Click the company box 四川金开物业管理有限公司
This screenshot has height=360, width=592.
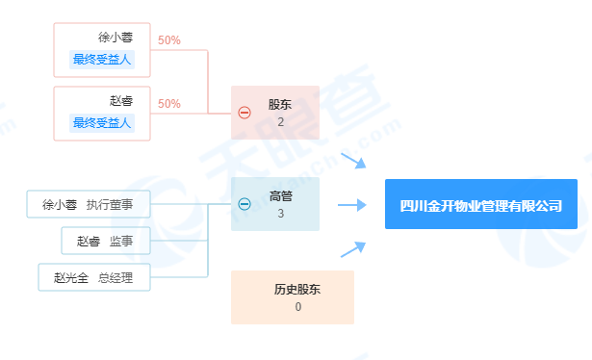pyautogui.click(x=481, y=204)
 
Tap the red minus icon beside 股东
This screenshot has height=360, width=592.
pyautogui.click(x=245, y=113)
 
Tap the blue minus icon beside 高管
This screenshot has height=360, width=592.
pyautogui.click(x=245, y=204)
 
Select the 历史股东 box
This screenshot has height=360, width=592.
pyautogui.click(x=293, y=296)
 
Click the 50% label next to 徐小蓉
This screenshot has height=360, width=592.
pyautogui.click(x=169, y=40)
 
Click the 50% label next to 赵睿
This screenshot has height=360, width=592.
pyautogui.click(x=169, y=103)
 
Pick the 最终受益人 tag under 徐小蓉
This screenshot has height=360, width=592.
pyautogui.click(x=102, y=60)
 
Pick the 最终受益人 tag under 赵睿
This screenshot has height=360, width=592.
pyautogui.click(x=102, y=122)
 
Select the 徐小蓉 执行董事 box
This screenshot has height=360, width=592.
pyautogui.click(x=89, y=204)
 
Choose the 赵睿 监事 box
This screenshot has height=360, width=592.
pyautogui.click(x=106, y=240)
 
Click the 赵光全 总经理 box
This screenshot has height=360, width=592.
pyautogui.click(x=94, y=277)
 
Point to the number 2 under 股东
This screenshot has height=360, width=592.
pyautogui.click(x=280, y=122)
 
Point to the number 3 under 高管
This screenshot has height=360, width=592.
pyautogui.click(x=280, y=214)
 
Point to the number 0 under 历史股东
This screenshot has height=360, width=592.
pyautogui.click(x=298, y=307)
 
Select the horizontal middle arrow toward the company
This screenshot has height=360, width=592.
pyautogui.click(x=352, y=204)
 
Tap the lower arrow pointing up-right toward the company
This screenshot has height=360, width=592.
pyautogui.click(x=353, y=248)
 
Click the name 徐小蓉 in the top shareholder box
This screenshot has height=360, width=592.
pyautogui.click(x=115, y=39)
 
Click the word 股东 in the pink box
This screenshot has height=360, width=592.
pyautogui.click(x=280, y=104)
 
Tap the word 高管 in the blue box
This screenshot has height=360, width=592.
pyautogui.click(x=280, y=195)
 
